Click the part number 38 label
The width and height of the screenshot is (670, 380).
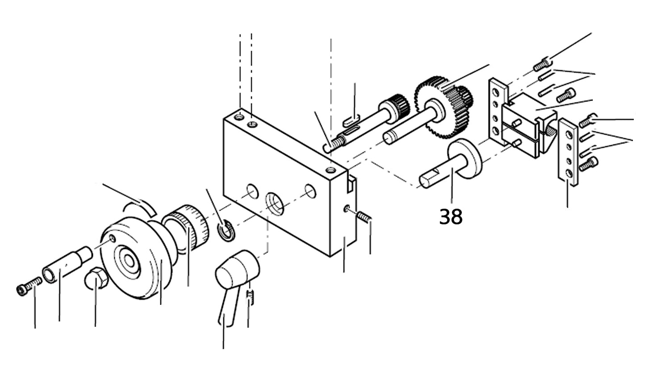click(451, 217)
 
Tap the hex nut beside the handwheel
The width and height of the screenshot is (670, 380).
click(95, 278)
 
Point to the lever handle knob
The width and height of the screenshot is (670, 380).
click(238, 268)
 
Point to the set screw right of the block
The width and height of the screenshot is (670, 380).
click(365, 217)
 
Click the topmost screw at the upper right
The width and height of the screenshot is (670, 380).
click(542, 65)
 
